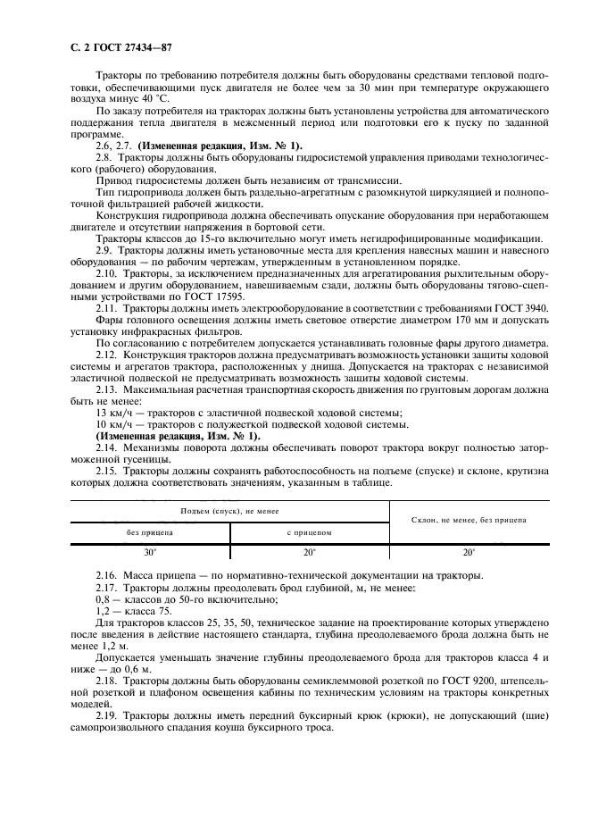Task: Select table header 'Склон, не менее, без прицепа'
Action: [469, 519]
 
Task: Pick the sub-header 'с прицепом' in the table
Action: [309, 531]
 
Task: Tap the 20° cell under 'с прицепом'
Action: [309, 552]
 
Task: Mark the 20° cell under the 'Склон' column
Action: [469, 552]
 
